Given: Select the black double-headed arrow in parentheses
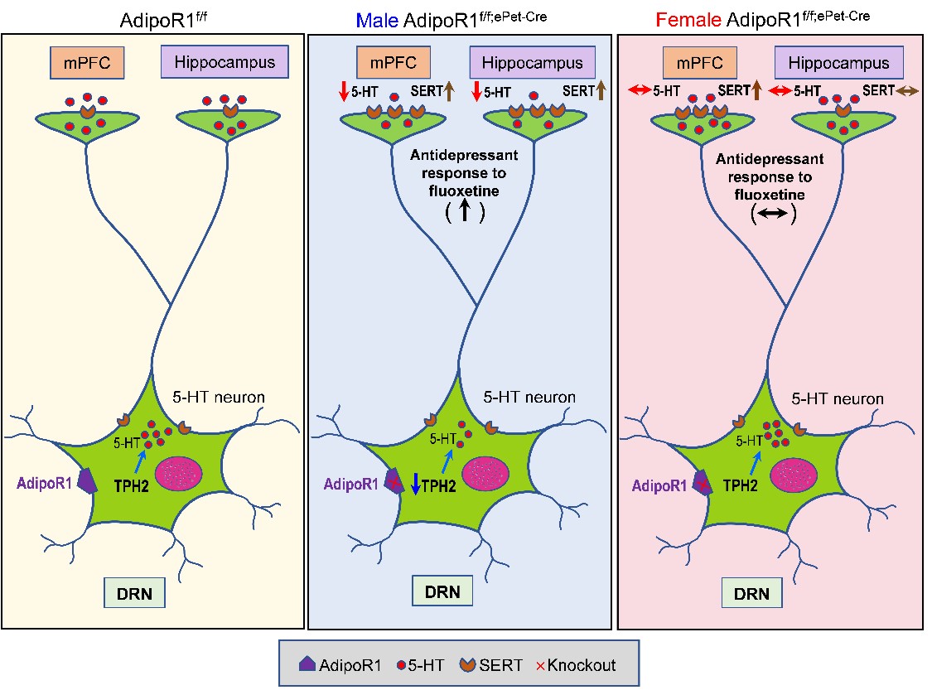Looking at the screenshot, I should point(772,214).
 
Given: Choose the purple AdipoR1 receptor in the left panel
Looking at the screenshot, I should point(86,481).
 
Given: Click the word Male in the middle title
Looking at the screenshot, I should point(377,20).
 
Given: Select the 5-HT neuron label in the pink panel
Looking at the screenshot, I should point(838,398).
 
